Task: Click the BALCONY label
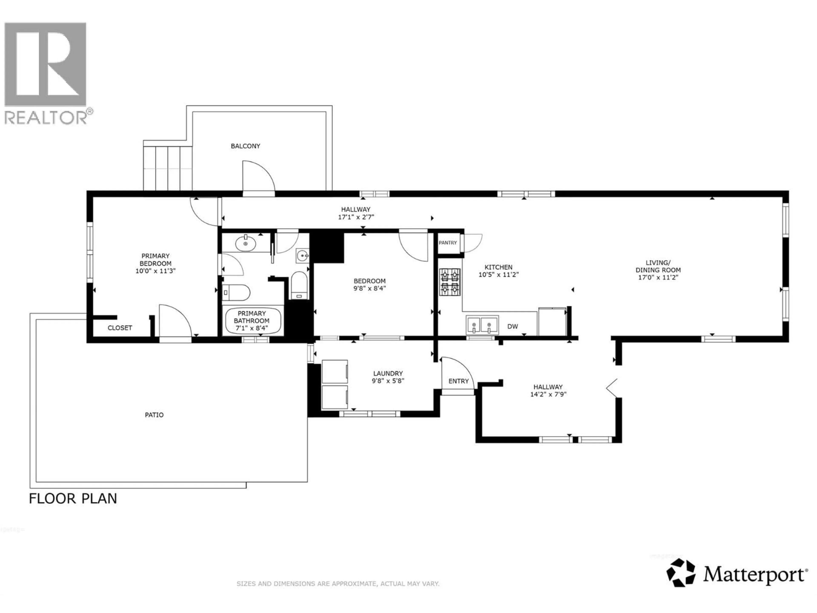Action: coord(245,146)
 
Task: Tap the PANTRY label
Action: coord(448,243)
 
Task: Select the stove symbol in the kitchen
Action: coord(450,282)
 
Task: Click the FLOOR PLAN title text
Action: coord(73,499)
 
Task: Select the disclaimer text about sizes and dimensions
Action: coord(338,584)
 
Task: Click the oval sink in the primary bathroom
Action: coord(246,244)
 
